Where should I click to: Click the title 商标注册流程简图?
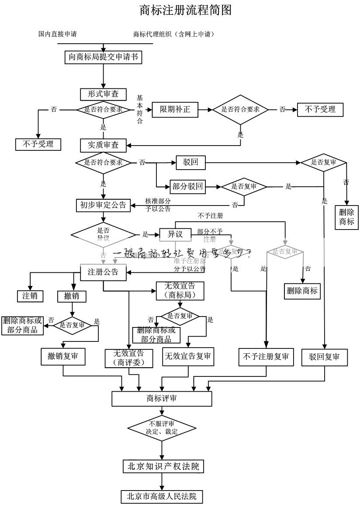[x=185, y=10]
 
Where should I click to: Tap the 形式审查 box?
[x=103, y=94]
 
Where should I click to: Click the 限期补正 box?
[x=175, y=109]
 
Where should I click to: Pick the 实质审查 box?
[x=103, y=145]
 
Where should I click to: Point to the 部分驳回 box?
[x=187, y=187]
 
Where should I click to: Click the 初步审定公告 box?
[x=103, y=205]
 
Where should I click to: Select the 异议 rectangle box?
[x=175, y=235]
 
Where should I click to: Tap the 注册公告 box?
[x=103, y=272]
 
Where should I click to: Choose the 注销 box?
[x=30, y=296]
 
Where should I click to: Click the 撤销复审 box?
[x=63, y=356]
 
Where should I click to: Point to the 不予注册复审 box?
[x=266, y=357]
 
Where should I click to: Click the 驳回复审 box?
[x=324, y=357]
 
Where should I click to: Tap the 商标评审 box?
[x=162, y=398]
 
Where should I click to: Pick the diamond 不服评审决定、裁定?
[x=162, y=428]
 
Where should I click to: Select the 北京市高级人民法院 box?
[x=162, y=496]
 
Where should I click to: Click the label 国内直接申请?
[x=58, y=34]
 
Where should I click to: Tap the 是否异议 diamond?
[x=103, y=234]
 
